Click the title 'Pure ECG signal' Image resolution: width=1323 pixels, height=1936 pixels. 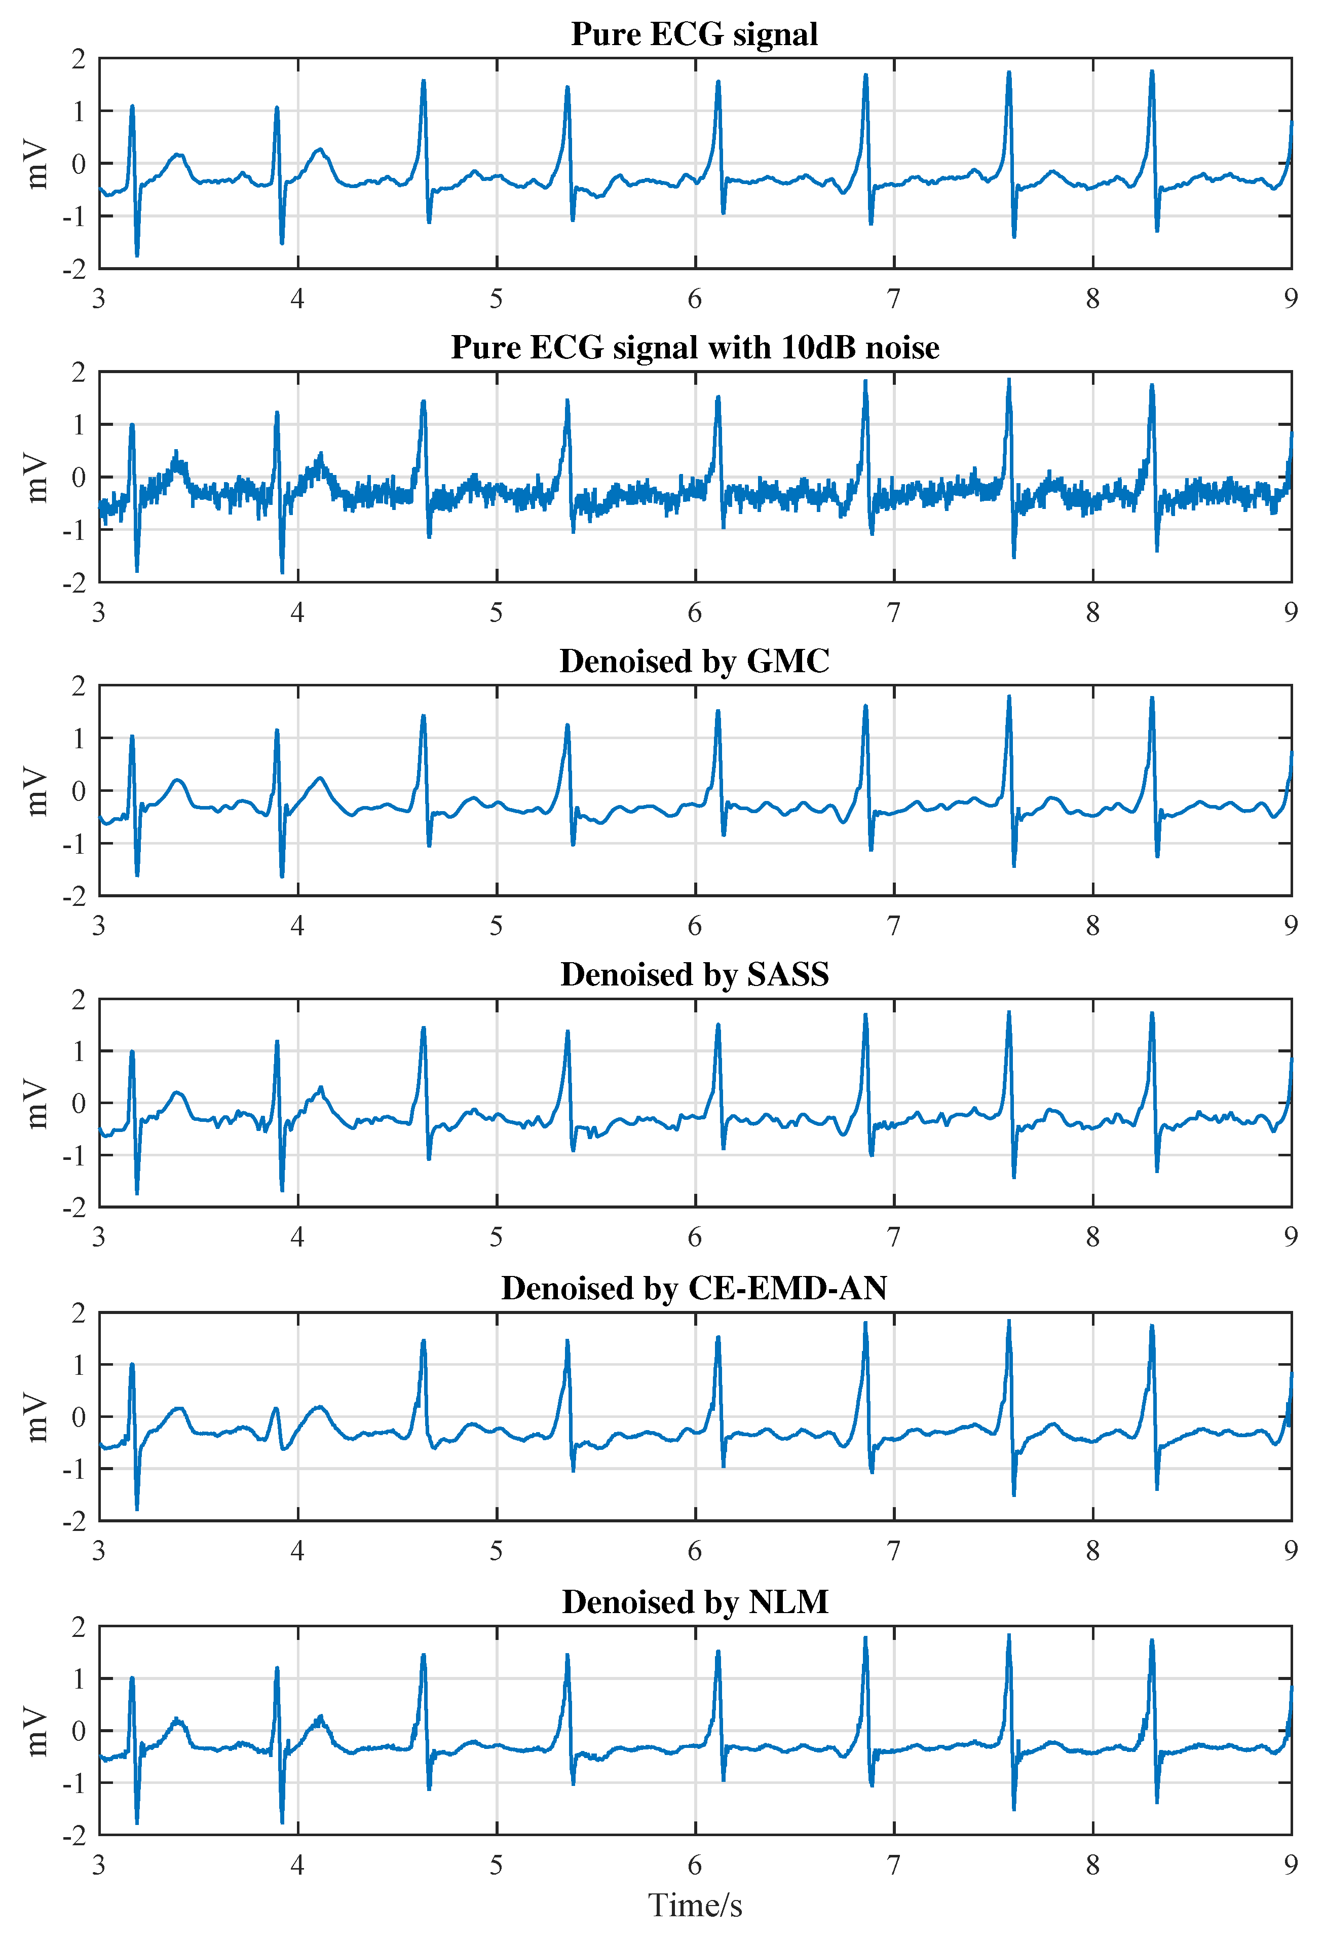click(694, 34)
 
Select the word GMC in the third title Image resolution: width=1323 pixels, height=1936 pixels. click(787, 662)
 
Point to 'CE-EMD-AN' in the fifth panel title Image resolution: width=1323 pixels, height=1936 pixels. click(787, 1289)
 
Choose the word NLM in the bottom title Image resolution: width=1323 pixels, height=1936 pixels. click(787, 1602)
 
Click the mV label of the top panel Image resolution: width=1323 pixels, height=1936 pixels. click(36, 164)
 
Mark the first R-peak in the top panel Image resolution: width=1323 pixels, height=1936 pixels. click(132, 106)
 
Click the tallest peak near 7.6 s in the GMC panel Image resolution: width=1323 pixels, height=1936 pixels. click(1008, 697)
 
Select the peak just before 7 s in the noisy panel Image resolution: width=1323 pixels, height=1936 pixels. click(865, 382)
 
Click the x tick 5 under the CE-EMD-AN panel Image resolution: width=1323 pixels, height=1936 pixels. click(496, 1551)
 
